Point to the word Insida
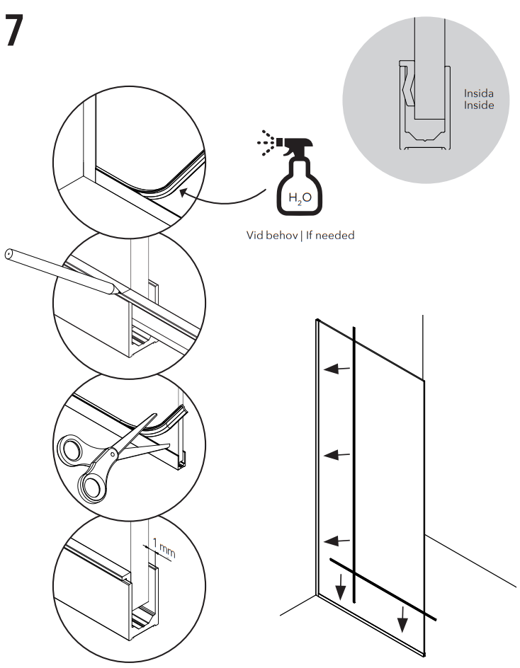tap(478, 93)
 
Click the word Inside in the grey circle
tap(478, 105)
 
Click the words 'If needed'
tap(329, 235)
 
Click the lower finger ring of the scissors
tap(90, 487)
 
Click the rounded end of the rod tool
tap(9, 255)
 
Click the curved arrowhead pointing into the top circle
tap(183, 192)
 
